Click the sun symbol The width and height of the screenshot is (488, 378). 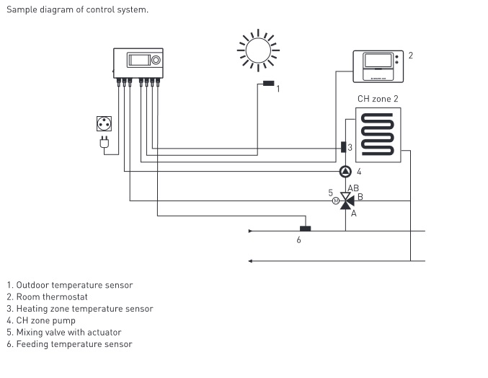(x=256, y=50)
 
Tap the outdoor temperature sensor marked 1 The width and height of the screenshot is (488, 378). (x=269, y=84)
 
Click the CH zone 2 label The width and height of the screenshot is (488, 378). (x=378, y=98)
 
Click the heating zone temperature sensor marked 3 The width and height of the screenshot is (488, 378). (x=343, y=147)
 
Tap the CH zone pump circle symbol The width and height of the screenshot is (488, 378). (x=345, y=172)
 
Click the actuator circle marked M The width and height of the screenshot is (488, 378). (x=335, y=201)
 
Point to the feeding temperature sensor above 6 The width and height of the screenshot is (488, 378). (x=306, y=229)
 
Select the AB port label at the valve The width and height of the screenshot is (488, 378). (x=352, y=188)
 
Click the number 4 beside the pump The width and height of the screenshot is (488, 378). (x=358, y=172)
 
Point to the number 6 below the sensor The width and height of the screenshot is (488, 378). (x=298, y=239)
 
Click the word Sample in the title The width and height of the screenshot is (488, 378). (x=21, y=9)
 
